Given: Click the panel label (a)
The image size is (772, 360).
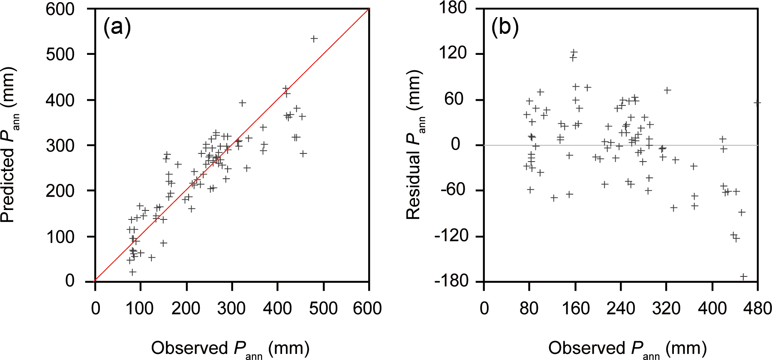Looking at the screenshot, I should pyautogui.click(x=117, y=27).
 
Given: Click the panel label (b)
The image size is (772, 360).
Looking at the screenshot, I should pyautogui.click(x=505, y=27).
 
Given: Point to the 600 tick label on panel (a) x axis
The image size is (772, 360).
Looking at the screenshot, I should pyautogui.click(x=367, y=308).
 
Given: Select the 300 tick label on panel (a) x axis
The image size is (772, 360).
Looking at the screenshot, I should pyautogui.click(x=231, y=308).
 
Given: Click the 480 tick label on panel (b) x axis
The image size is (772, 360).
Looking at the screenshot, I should pyautogui.click(x=757, y=308).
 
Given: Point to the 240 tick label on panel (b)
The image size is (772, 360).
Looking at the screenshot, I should pyautogui.click(x=621, y=308).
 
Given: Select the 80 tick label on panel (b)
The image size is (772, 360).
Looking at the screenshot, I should pyautogui.click(x=529, y=308).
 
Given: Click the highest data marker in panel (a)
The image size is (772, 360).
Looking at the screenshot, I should pyautogui.click(x=314, y=39).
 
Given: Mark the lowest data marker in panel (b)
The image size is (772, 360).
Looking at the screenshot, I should pyautogui.click(x=743, y=277).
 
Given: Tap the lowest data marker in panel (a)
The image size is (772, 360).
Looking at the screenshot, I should pyautogui.click(x=133, y=272).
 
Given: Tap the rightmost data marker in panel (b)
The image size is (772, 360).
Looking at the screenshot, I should pyautogui.click(x=757, y=103).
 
